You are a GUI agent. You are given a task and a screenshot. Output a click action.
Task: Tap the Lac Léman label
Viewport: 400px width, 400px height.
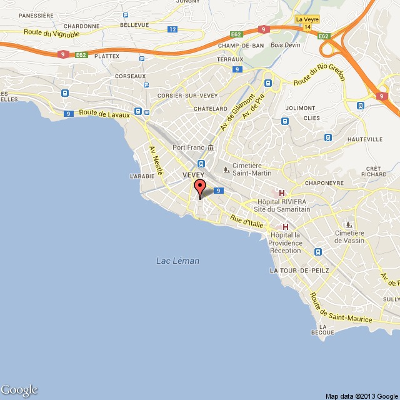coord(177,261)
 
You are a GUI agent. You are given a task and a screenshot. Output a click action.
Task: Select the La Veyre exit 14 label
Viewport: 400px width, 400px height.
coord(306,23)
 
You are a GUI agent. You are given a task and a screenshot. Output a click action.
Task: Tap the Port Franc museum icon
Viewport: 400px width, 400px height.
coord(210,147)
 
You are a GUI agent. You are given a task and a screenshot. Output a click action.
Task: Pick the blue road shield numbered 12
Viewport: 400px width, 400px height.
coord(172,29)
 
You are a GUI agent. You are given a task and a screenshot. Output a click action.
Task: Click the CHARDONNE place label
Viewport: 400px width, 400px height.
coord(81,26)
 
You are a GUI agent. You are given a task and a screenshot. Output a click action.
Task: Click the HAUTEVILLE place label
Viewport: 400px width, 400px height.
coord(364,139)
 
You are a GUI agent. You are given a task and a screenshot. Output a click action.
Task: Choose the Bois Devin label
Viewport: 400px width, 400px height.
coord(286,45)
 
